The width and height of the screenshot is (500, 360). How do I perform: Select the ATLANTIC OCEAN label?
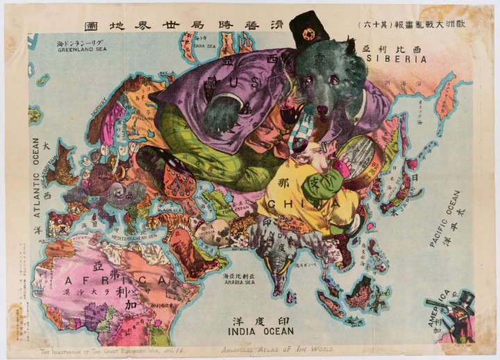(x=37, y=178)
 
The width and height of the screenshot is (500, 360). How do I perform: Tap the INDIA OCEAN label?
(x=261, y=332)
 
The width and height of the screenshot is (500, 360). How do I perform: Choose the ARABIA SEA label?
(x=240, y=282)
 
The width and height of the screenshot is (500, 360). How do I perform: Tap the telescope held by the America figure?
(x=438, y=306)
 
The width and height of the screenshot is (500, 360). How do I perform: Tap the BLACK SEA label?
(x=169, y=209)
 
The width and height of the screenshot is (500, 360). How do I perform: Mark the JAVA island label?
(x=354, y=321)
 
